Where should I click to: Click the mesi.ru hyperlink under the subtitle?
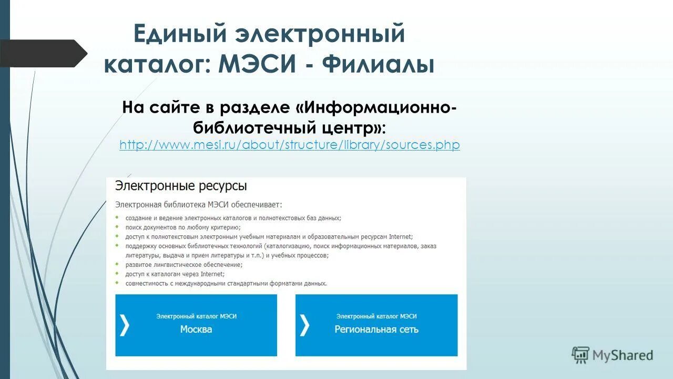(290, 145)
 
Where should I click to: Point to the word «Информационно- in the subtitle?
(375, 107)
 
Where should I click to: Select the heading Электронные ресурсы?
(181, 186)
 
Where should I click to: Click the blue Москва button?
(196, 325)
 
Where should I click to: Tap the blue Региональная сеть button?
(376, 325)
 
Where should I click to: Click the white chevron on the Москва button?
(124, 325)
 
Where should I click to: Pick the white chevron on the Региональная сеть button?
(304, 325)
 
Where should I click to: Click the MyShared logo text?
(623, 355)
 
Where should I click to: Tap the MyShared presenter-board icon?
(580, 355)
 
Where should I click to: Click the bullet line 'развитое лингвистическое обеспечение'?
(183, 265)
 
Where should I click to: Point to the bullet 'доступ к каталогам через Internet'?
(175, 274)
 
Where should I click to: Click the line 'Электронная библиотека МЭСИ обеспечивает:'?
(199, 204)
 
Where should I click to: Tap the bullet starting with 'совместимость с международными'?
(226, 283)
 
